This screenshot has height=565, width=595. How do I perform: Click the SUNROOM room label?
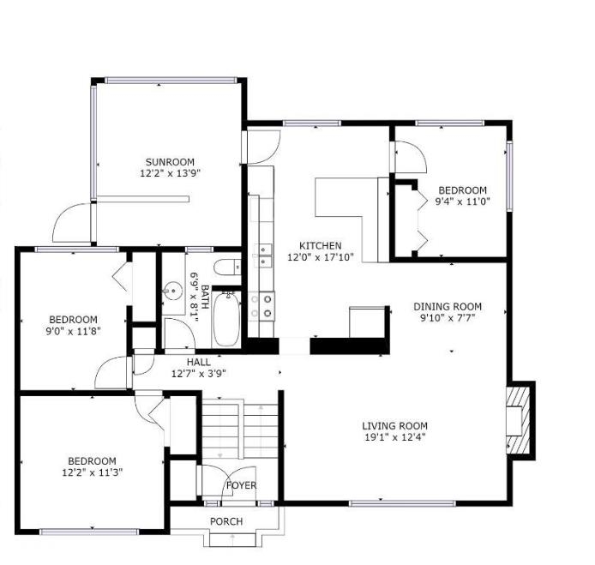tap(169, 161)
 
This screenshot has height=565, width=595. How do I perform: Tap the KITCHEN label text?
tap(320, 245)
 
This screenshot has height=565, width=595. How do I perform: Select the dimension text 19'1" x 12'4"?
tap(394, 437)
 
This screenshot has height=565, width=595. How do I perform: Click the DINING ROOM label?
tap(447, 306)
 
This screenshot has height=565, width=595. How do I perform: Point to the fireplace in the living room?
tap(520, 418)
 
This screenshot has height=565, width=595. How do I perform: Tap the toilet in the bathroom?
tap(226, 266)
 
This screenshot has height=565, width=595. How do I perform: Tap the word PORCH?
tap(226, 521)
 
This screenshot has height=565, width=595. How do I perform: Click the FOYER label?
tap(241, 486)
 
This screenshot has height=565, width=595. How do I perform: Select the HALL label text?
tap(198, 362)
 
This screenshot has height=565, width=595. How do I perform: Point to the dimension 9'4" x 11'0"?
tap(462, 201)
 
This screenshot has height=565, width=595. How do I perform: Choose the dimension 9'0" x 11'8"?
tap(74, 331)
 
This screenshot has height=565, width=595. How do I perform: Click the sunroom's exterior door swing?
tap(73, 223)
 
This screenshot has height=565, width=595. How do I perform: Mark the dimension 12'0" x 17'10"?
tap(320, 256)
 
